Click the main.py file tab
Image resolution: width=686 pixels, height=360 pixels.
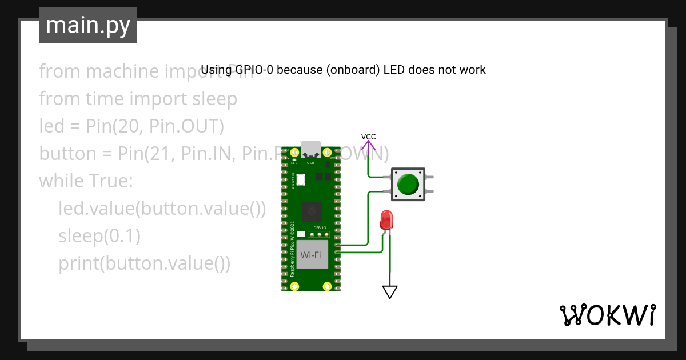click(x=87, y=25)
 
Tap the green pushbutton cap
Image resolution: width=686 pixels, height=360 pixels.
click(x=408, y=184)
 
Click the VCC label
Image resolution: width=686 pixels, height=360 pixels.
click(x=368, y=137)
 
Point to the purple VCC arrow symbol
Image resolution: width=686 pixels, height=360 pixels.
click(x=368, y=147)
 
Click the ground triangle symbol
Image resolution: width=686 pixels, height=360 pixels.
click(x=390, y=291)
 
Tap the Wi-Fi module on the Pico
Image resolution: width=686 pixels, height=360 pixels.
click(x=310, y=254)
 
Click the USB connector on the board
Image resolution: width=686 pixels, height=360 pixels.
click(x=311, y=150)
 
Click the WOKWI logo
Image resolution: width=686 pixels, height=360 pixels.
click(x=607, y=315)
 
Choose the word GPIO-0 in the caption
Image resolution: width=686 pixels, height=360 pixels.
click(x=253, y=70)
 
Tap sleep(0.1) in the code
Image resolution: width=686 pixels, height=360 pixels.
click(x=99, y=235)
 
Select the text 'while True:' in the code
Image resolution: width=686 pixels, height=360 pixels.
click(x=86, y=181)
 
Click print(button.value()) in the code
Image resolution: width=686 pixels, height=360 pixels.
click(x=144, y=263)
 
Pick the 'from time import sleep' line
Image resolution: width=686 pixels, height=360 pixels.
click(x=138, y=99)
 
